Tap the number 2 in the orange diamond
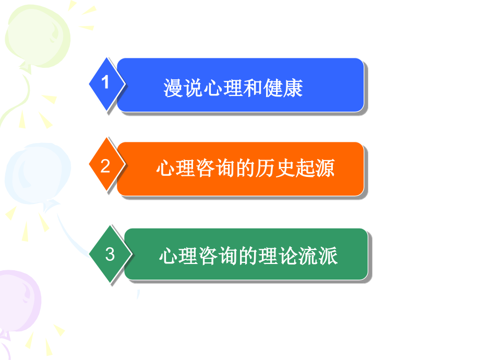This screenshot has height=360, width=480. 106,166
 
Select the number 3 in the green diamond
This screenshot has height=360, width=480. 110,255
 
